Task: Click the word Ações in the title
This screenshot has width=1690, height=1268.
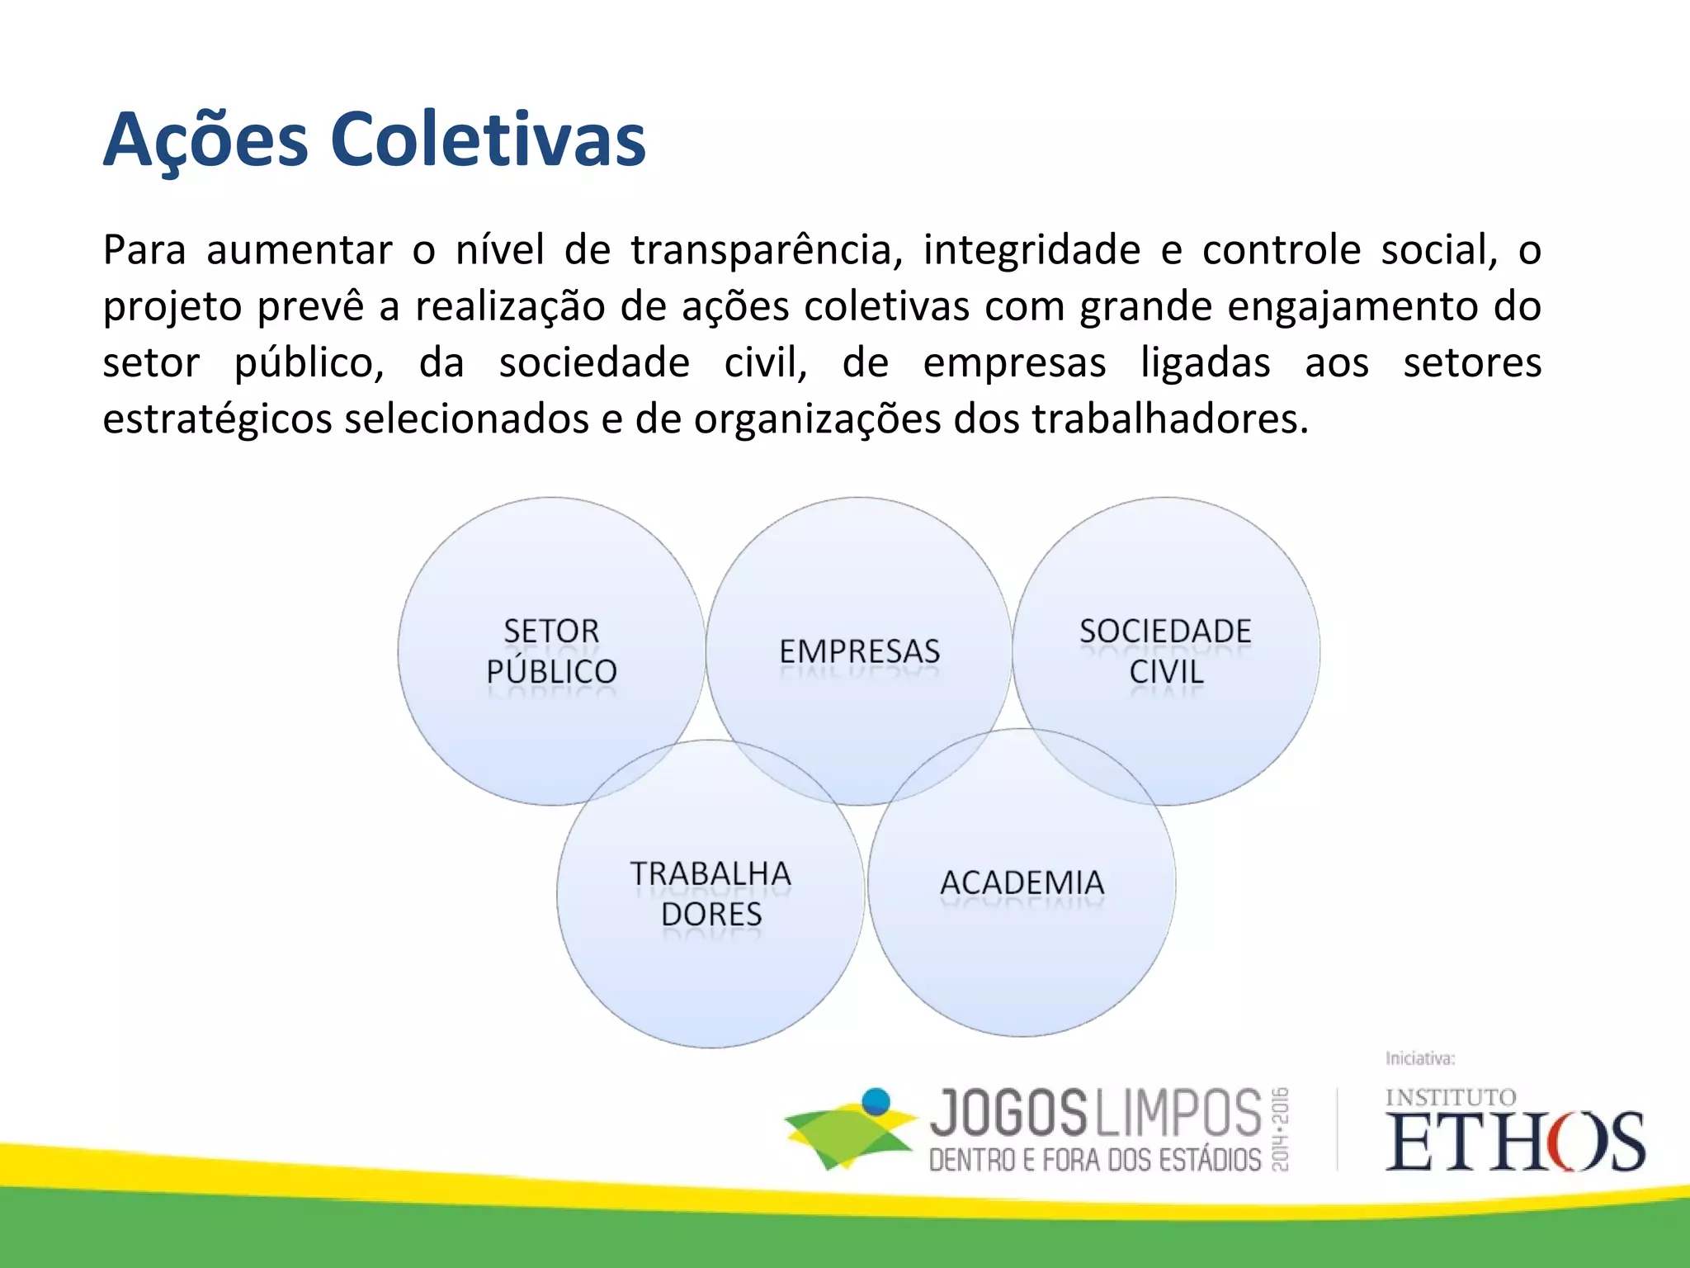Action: point(205,140)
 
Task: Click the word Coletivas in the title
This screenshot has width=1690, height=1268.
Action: point(488,140)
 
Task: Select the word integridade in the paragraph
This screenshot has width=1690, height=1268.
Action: point(1031,250)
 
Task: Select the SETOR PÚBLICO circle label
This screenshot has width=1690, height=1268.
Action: point(551,651)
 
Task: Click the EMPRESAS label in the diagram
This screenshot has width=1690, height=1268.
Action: point(859,651)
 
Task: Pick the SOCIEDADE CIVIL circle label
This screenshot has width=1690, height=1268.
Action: point(1165,651)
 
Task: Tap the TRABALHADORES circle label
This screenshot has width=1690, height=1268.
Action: point(710,894)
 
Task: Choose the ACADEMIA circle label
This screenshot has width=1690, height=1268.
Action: point(1022,882)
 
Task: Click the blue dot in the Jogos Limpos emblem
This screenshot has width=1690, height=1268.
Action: point(876,1102)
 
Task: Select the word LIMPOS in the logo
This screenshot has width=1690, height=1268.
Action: point(1178,1114)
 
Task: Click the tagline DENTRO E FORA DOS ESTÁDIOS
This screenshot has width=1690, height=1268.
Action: point(1095,1160)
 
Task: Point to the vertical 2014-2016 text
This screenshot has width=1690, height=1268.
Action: point(1280,1129)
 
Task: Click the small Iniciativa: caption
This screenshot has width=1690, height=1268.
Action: point(1420,1058)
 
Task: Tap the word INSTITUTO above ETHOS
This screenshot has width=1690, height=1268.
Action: point(1450,1097)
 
